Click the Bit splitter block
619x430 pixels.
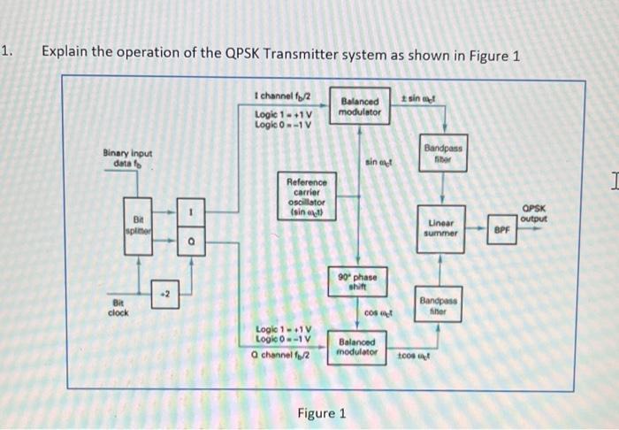tap(137, 226)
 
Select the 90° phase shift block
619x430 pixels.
tap(358, 282)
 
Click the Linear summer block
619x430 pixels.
tap(442, 227)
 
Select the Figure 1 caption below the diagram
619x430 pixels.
tap(322, 412)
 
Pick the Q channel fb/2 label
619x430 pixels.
tap(285, 357)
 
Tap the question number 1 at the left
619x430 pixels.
tap(7, 50)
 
